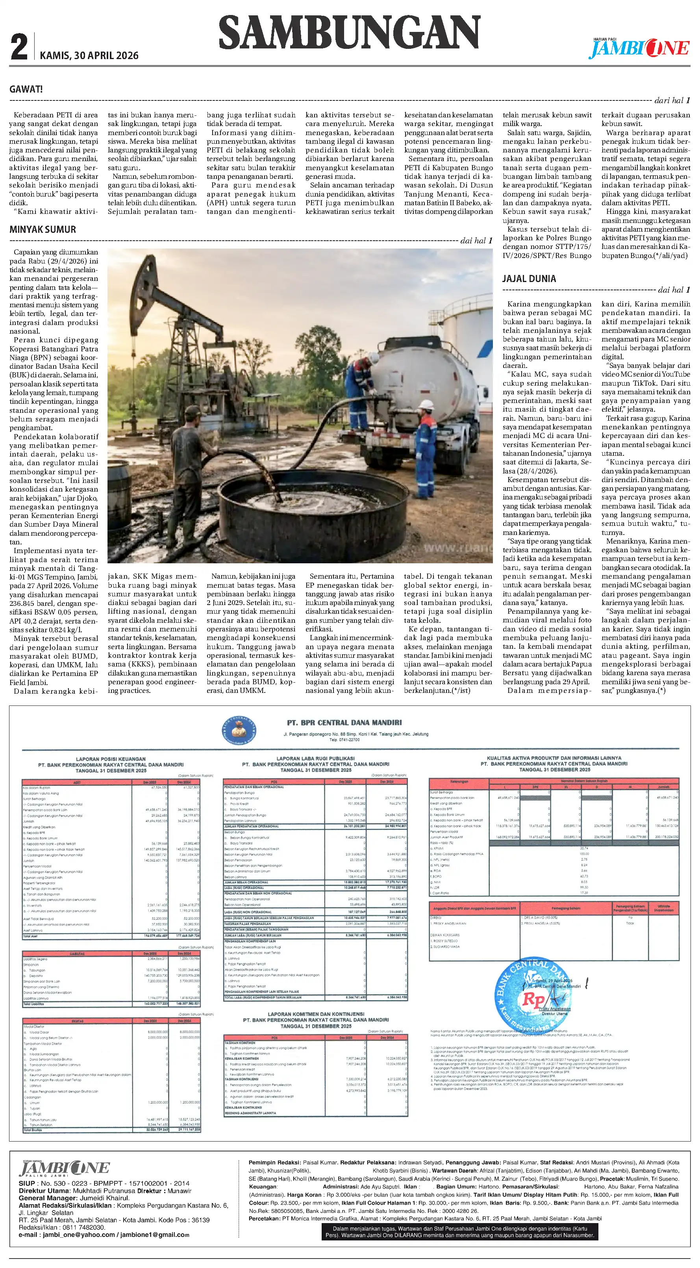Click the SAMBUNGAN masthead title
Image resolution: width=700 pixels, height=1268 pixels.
point(349,32)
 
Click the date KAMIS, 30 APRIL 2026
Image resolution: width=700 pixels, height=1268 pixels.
point(89,56)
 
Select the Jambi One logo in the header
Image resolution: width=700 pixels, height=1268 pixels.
point(639,48)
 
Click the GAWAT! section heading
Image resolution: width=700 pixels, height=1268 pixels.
point(26,89)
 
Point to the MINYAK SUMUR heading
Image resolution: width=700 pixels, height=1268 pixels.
point(43,229)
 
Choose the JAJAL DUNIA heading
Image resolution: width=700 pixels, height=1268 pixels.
point(529,278)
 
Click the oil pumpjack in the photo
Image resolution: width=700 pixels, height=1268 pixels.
point(162,315)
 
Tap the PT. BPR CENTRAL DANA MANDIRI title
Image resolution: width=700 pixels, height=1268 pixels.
point(344,722)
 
